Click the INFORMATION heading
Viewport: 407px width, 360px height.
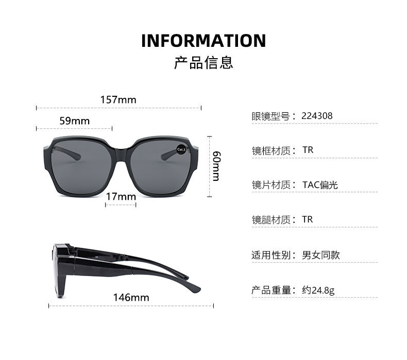click(203, 41)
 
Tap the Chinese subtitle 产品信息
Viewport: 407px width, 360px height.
click(203, 63)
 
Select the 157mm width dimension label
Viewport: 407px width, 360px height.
click(118, 99)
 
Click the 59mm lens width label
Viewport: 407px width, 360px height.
click(74, 121)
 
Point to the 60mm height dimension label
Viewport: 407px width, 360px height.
click(216, 166)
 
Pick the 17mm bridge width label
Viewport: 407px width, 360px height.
click(121, 197)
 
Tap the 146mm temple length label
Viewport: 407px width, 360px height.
click(131, 297)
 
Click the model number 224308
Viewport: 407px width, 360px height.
click(317, 116)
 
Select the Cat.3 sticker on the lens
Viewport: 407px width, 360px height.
click(181, 149)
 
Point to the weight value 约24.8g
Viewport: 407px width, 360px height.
click(318, 290)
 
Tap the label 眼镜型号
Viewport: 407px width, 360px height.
click(270, 116)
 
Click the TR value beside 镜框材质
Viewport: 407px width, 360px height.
click(308, 150)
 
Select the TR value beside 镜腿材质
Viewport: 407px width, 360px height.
click(308, 219)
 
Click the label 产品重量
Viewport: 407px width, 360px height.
click(270, 290)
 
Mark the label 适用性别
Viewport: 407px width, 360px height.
click(270, 255)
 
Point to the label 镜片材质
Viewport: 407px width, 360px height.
click(270, 185)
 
